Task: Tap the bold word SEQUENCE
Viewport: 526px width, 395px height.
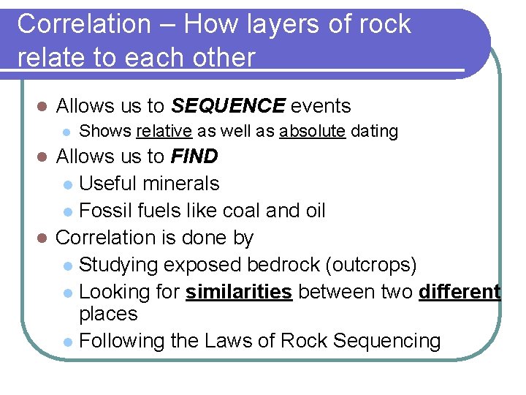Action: [228, 106]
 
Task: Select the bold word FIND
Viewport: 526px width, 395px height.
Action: [194, 157]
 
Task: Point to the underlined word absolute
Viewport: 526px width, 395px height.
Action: [312, 132]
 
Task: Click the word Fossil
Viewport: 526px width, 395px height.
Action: [104, 211]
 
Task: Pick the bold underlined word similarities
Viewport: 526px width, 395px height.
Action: [239, 292]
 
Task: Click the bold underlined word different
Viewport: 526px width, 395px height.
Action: [460, 292]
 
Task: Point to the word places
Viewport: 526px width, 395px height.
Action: [108, 315]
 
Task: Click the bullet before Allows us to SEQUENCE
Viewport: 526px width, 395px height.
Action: [42, 107]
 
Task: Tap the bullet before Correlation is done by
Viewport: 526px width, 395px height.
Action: [42, 238]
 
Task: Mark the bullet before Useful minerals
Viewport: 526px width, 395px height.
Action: [67, 184]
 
